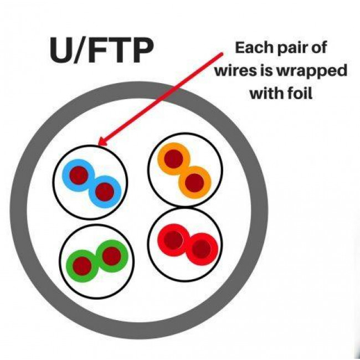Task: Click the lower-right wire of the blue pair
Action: pos(104,192)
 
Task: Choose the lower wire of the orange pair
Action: pos(194,182)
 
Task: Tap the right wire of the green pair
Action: pos(111,255)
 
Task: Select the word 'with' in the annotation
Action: pos(265,94)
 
